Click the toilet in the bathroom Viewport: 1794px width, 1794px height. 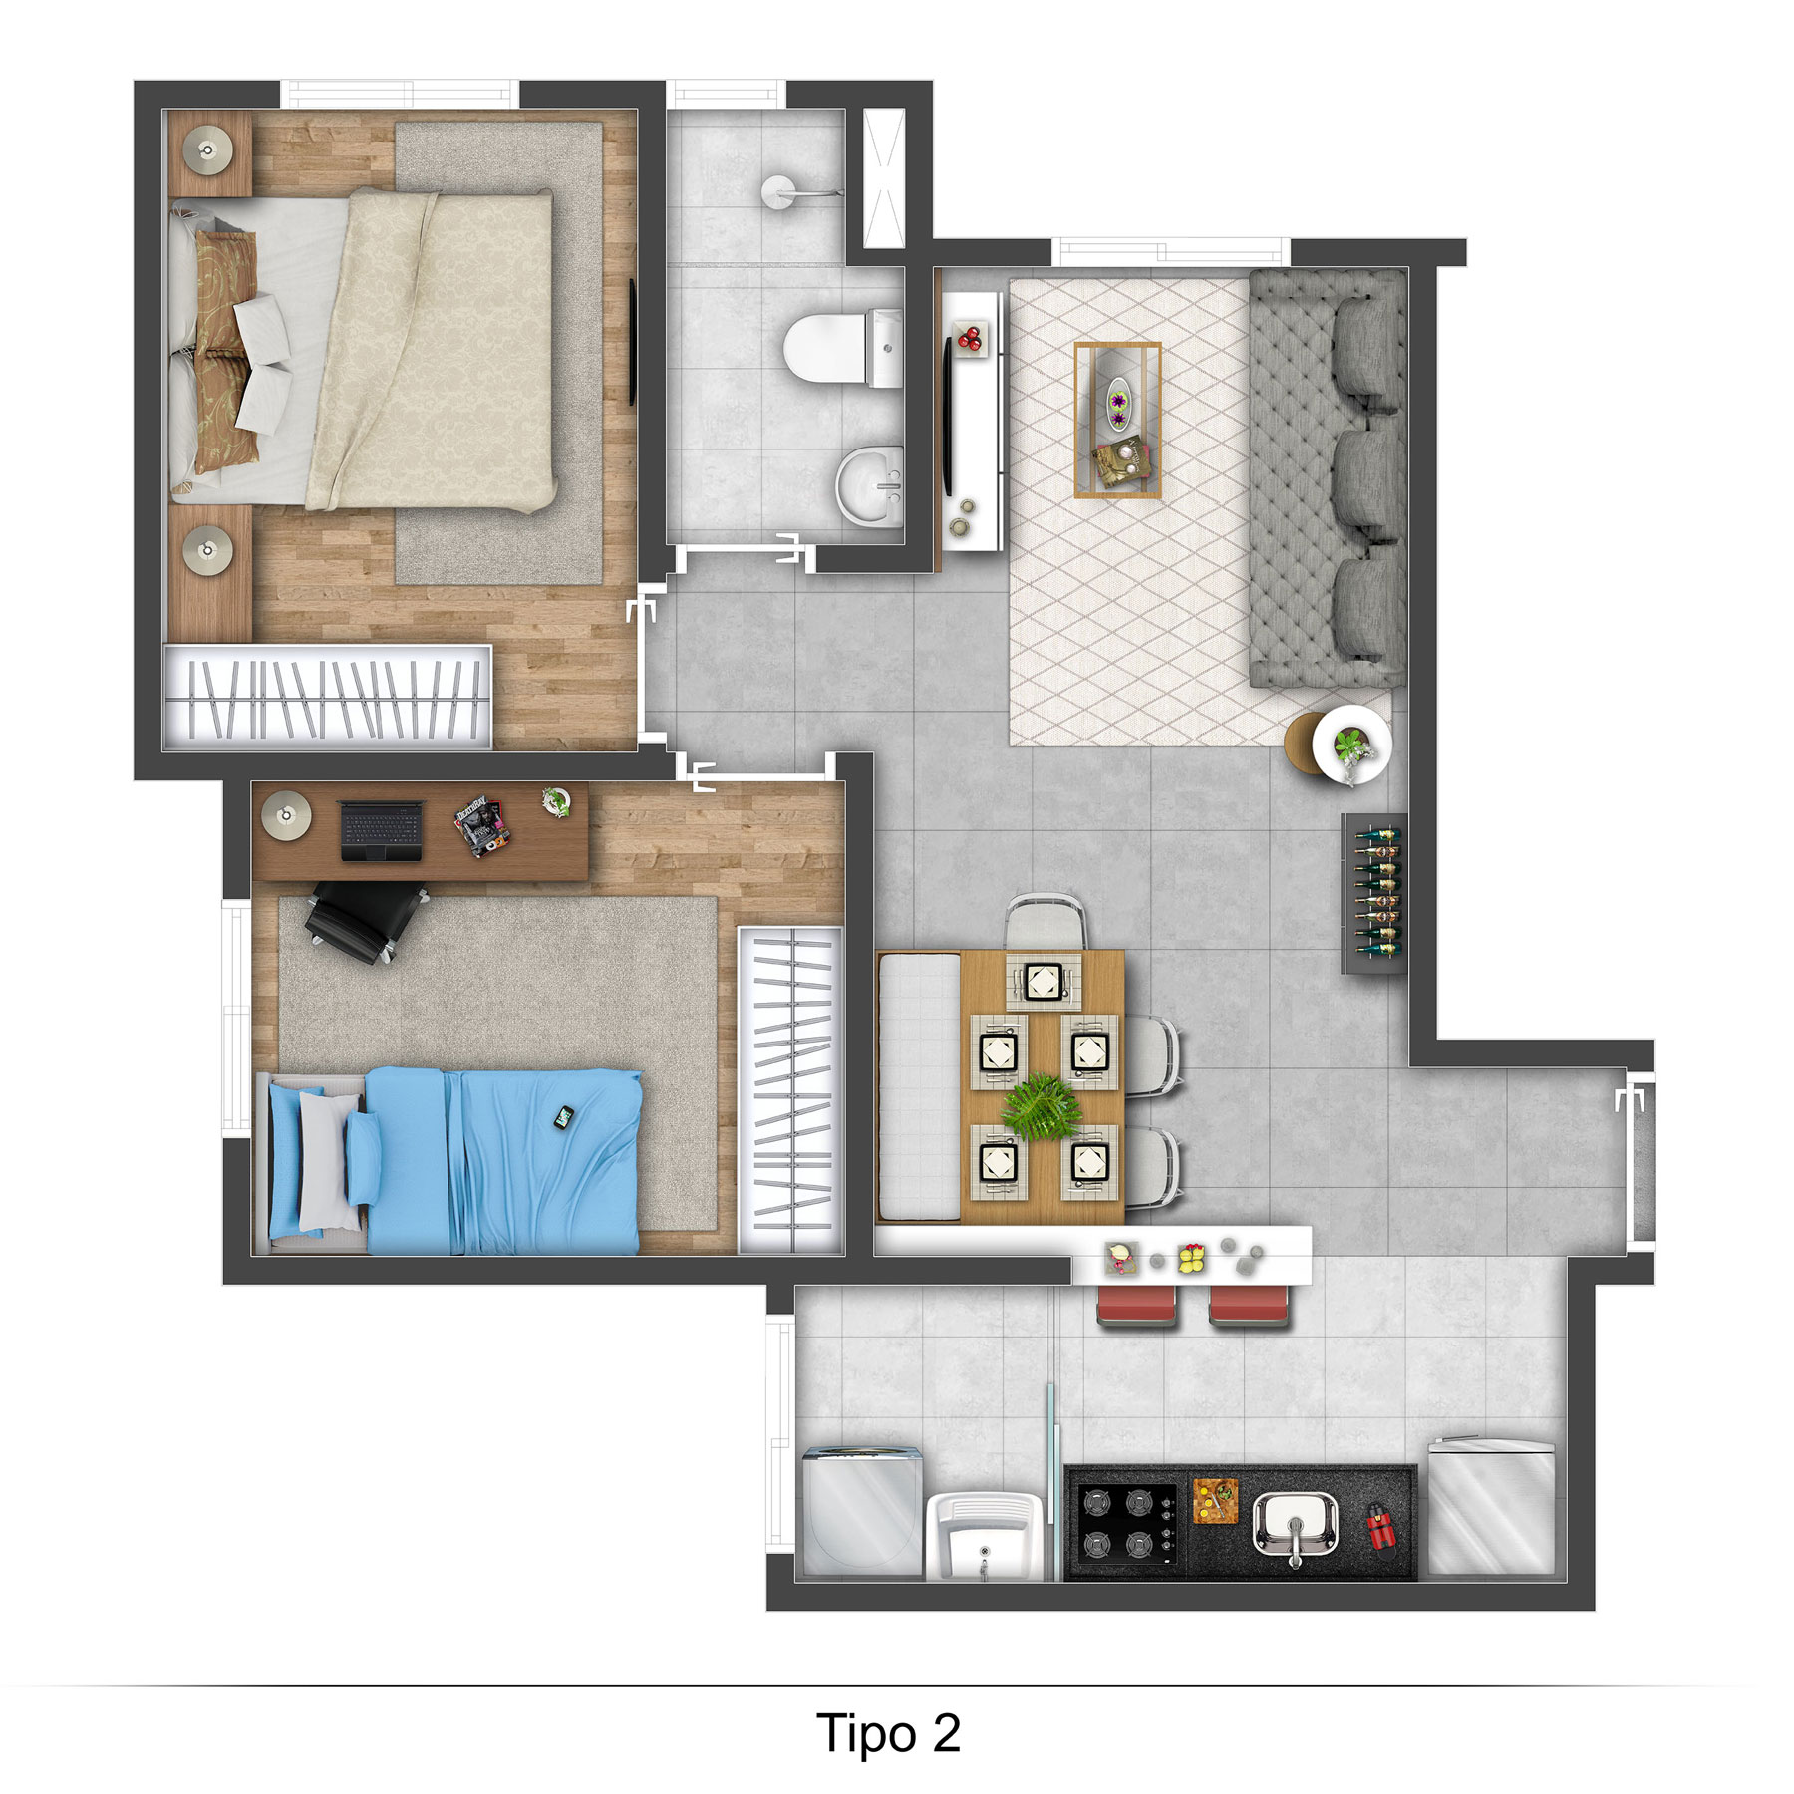click(842, 348)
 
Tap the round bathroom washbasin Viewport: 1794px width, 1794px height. click(869, 485)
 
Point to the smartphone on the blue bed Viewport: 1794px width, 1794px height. click(564, 1118)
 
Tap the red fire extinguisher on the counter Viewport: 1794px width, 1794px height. click(1381, 1526)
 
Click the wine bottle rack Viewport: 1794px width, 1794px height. click(1375, 893)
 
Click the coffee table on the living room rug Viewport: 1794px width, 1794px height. click(1117, 420)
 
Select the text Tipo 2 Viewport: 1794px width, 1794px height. click(888, 1733)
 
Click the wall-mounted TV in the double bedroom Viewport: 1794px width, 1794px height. click(632, 341)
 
